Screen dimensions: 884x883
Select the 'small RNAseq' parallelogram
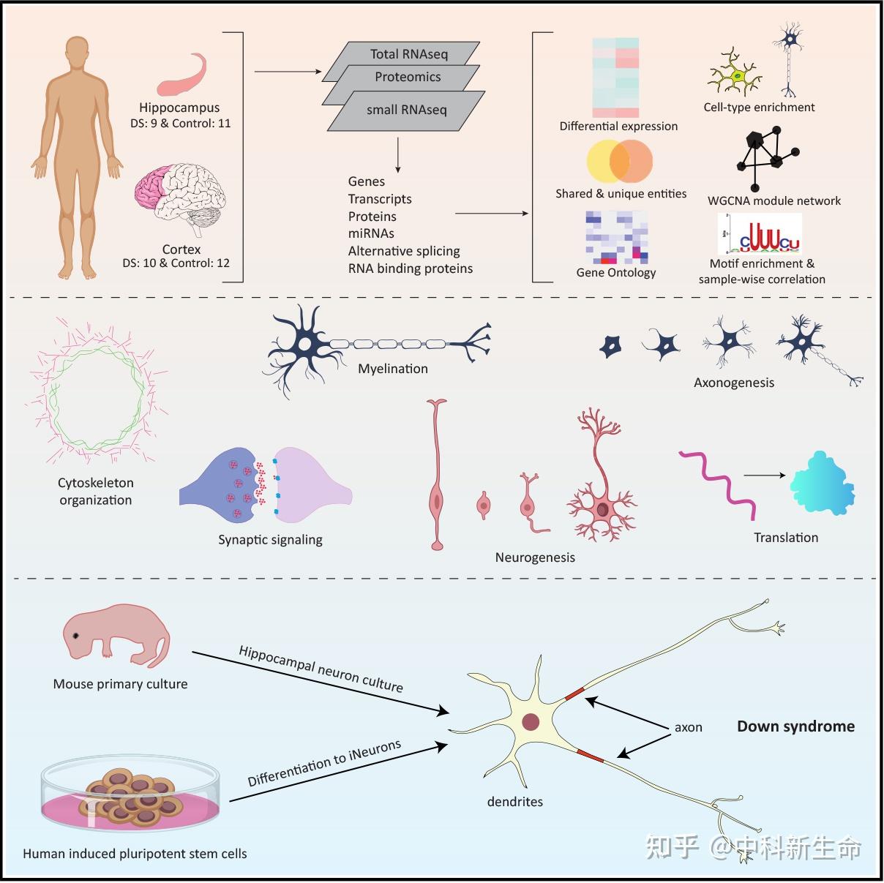406,110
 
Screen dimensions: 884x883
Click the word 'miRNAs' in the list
371,233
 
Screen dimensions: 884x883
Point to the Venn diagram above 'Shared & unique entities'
620,161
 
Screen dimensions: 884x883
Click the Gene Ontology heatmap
617,237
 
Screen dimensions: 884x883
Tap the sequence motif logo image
760,234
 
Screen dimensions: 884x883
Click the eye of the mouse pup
75,636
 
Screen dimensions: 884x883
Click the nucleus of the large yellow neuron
531,721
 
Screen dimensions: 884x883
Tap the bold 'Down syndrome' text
795,726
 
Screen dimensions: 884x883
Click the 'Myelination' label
393,369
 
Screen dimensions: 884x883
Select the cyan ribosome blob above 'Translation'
822,483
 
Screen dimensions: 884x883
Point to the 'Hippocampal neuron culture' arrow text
321,669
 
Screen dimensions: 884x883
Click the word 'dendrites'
514,801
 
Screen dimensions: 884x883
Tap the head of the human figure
77,51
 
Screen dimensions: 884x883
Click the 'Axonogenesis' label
733,383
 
